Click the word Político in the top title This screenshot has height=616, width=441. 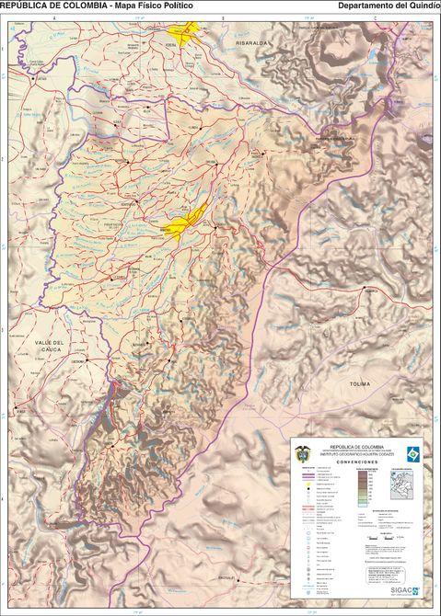177,6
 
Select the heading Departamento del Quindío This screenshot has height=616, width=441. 389,6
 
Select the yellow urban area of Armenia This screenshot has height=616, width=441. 180,227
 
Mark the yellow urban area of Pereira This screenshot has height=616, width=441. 191,34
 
